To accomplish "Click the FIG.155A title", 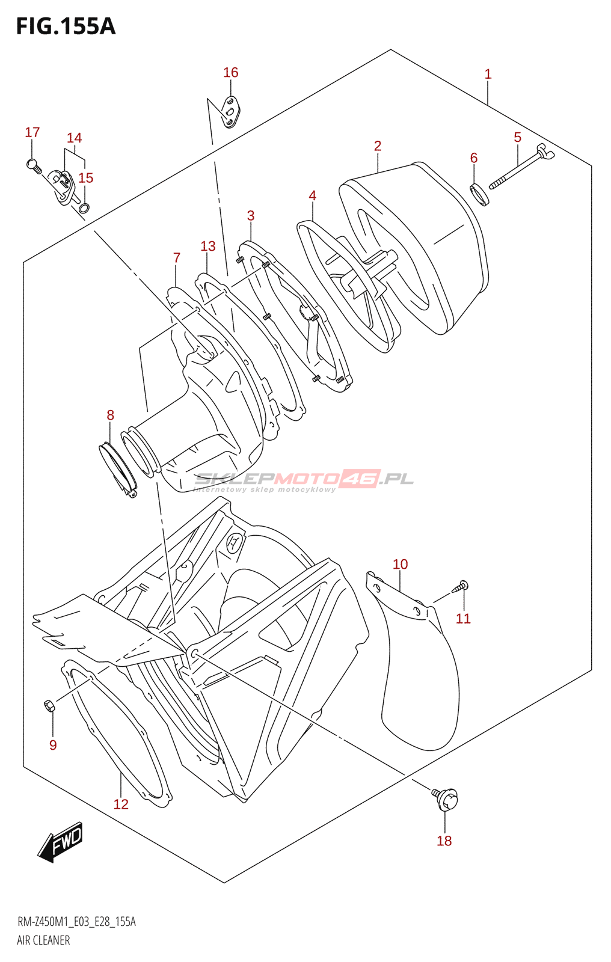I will pyautogui.click(x=66, y=26).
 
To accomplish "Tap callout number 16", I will pyautogui.click(x=231, y=73).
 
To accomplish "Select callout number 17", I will pyautogui.click(x=32, y=132).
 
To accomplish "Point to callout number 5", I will pyautogui.click(x=517, y=138).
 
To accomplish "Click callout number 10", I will pyautogui.click(x=400, y=564).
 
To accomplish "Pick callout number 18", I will pyautogui.click(x=444, y=841).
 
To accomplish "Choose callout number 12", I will pyautogui.click(x=121, y=804).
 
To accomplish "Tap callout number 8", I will pyautogui.click(x=110, y=415).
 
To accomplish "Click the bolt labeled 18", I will pyautogui.click(x=446, y=798).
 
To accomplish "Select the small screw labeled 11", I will pyautogui.click(x=462, y=586).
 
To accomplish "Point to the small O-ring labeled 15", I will pyautogui.click(x=85, y=209).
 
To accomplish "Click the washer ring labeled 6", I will pyautogui.click(x=479, y=195).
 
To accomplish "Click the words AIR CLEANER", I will pyautogui.click(x=43, y=940).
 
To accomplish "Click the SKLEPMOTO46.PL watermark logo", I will pyautogui.click(x=304, y=480).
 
